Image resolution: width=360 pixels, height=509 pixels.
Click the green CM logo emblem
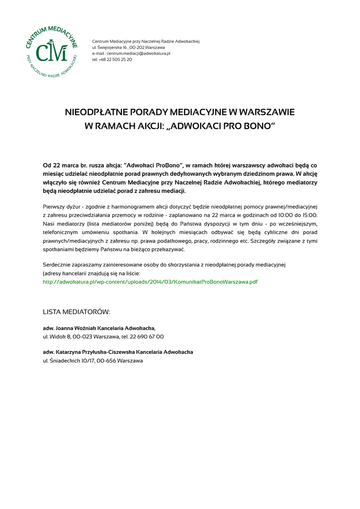[x=52, y=53]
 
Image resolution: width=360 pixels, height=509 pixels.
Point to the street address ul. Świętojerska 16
[x=112, y=47]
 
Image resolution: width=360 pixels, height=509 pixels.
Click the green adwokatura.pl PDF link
[x=150, y=282]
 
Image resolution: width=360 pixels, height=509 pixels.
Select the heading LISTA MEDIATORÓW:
[x=77, y=312]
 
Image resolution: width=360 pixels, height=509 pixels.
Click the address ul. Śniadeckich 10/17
[x=68, y=360]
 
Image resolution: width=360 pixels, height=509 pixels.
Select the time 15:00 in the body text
[x=308, y=215]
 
